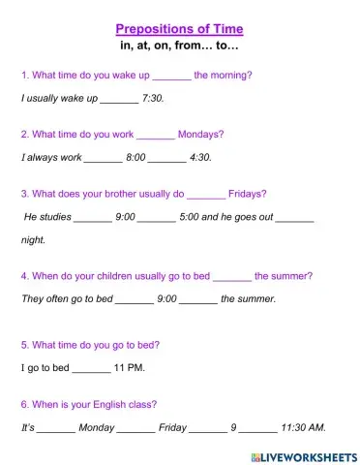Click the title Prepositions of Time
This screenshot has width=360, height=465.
click(179, 29)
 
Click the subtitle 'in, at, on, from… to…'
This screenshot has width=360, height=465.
click(179, 46)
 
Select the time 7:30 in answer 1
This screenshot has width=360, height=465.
click(153, 99)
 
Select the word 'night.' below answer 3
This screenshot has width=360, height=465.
click(33, 240)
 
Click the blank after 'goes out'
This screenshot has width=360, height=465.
click(294, 218)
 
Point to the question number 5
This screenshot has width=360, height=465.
click(24, 345)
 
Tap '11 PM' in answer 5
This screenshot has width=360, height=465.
click(129, 369)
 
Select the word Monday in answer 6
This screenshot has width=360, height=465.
click(96, 427)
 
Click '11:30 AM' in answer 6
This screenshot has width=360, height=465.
click(303, 427)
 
